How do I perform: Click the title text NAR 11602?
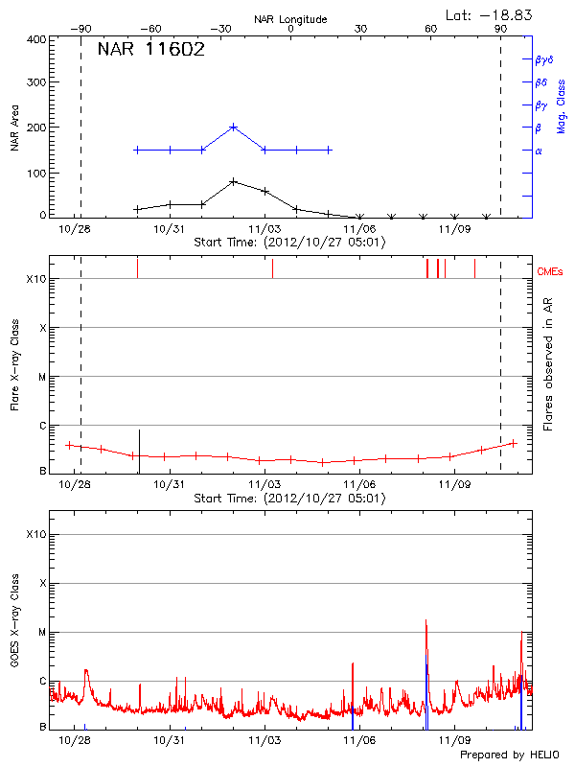(x=150, y=51)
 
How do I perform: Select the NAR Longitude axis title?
(x=290, y=19)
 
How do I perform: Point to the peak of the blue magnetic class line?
(x=234, y=127)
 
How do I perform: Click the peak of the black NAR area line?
(x=234, y=181)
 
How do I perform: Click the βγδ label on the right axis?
(x=542, y=58)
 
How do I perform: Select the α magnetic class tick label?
(x=538, y=151)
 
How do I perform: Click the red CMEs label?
(x=553, y=272)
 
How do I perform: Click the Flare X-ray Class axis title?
(x=14, y=364)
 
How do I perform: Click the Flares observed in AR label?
(x=547, y=364)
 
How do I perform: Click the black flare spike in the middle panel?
(x=140, y=449)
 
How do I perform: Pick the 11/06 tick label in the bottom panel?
(x=359, y=740)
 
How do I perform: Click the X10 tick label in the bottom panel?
(x=36, y=534)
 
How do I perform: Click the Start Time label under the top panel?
(x=290, y=243)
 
